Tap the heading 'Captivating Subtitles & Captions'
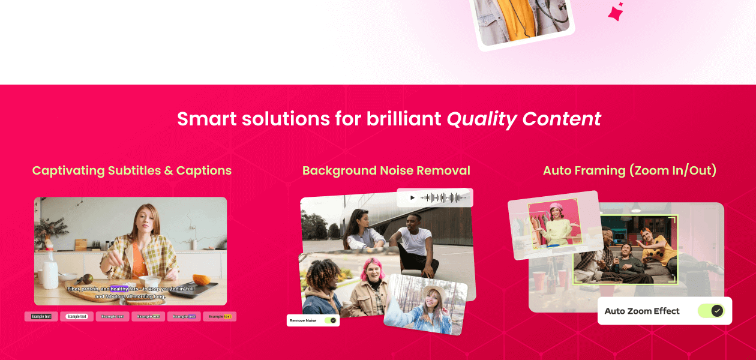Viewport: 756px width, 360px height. tap(131, 171)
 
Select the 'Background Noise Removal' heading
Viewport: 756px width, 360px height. tap(386, 171)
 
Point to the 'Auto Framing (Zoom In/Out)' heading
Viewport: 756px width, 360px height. tap(629, 171)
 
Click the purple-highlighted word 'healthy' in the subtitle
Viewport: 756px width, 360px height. tap(119, 289)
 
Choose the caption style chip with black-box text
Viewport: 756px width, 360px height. tap(41, 316)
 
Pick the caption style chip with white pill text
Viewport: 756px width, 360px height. tap(77, 316)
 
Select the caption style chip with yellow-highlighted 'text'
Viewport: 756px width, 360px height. tap(220, 316)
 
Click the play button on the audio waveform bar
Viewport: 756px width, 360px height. tap(412, 197)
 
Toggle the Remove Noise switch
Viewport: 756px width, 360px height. tap(330, 320)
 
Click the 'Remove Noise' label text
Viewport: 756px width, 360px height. tap(303, 320)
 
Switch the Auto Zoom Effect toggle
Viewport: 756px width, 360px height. tap(711, 311)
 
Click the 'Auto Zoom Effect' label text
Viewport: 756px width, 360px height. tap(642, 311)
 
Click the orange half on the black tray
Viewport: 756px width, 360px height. tap(200, 281)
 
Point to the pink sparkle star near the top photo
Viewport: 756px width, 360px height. tap(616, 13)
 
